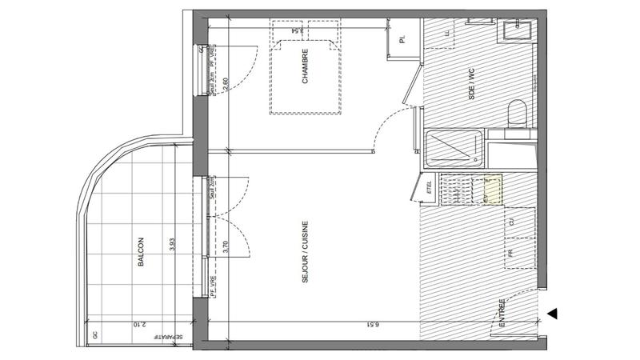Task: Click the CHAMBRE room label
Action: (305, 70)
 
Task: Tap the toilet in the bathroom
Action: (517, 113)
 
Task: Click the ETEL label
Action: (429, 188)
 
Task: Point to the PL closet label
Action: (402, 38)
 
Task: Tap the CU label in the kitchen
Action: (510, 222)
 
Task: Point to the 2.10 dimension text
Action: (138, 325)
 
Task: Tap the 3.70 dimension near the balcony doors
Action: (226, 246)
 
